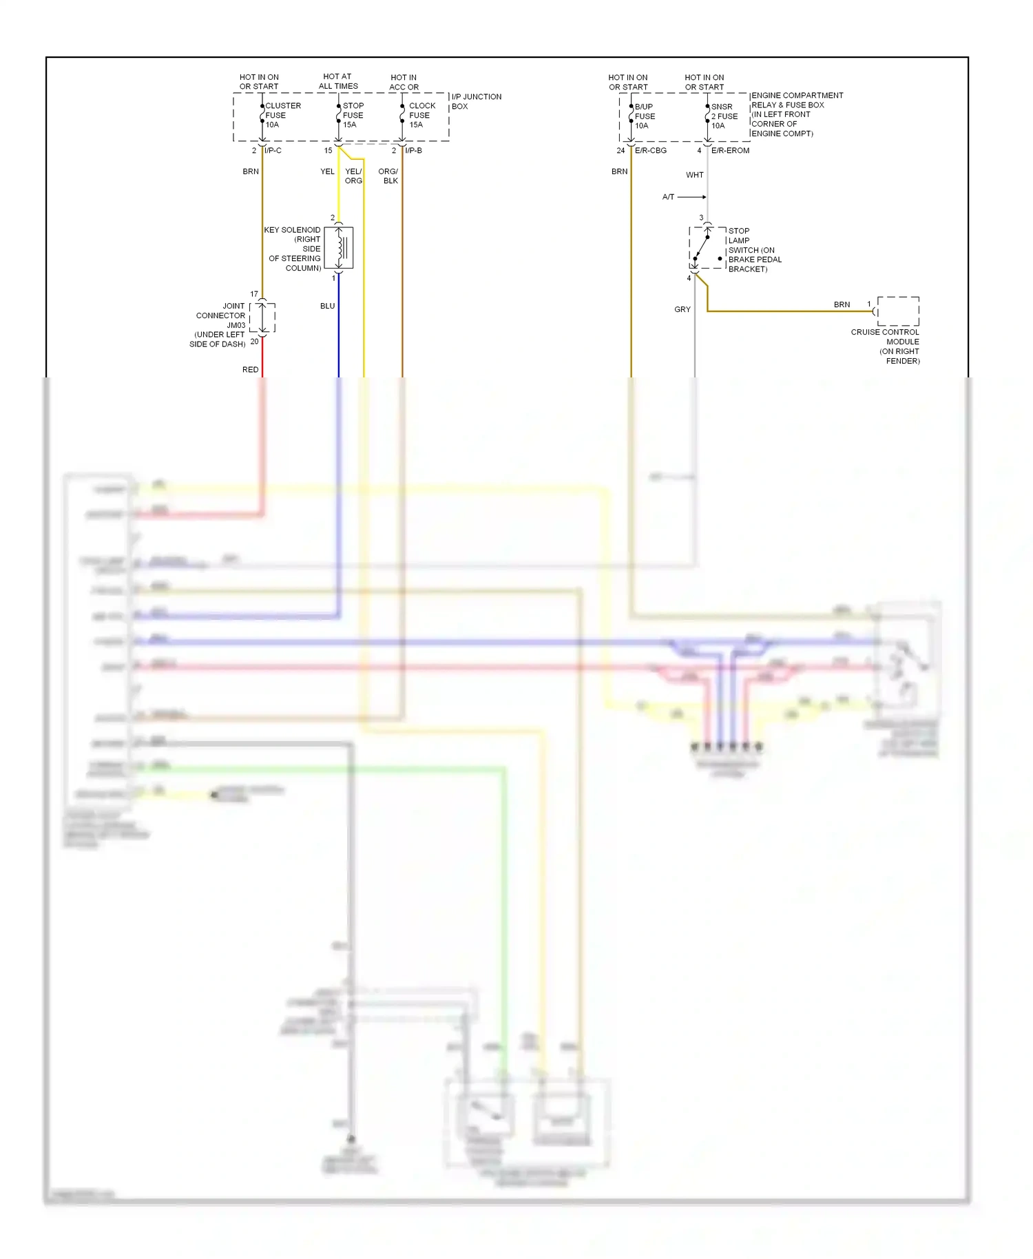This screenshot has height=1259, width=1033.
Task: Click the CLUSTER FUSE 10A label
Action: point(282,115)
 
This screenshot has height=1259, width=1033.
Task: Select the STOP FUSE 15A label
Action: point(353,115)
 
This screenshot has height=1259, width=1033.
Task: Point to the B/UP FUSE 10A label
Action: point(644,116)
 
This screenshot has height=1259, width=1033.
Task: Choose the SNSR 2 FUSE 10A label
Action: point(723,116)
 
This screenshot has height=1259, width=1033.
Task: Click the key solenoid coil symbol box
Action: point(339,247)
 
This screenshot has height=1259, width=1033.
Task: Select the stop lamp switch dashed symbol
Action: point(707,248)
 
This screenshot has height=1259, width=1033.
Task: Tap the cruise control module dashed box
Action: point(898,311)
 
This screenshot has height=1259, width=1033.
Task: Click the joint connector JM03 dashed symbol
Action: point(262,318)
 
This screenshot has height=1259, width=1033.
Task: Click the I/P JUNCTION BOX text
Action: point(476,101)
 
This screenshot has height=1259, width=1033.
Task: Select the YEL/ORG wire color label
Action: point(353,176)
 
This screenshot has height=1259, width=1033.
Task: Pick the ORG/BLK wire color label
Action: point(388,176)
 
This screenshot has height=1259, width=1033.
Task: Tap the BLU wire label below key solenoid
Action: point(327,306)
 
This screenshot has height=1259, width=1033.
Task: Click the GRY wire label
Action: point(682,309)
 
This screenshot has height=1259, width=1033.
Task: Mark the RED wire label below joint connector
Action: point(250,370)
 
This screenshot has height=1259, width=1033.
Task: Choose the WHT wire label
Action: point(694,175)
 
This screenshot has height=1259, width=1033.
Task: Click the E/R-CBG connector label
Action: point(650,150)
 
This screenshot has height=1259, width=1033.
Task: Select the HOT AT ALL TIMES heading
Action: point(337,81)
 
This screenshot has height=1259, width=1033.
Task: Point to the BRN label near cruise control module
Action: point(842,304)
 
